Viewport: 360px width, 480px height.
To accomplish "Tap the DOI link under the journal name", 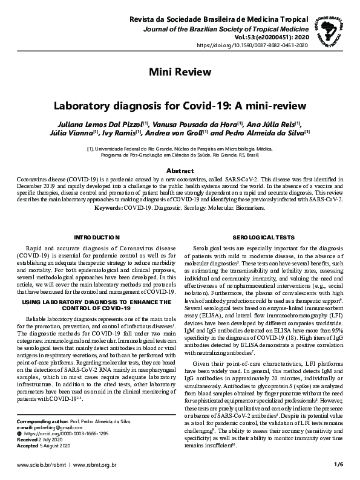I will click(x=252, y=45).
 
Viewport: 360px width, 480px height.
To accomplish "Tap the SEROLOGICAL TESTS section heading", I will click(x=264, y=237).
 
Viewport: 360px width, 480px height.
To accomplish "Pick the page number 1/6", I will click(x=338, y=464).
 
